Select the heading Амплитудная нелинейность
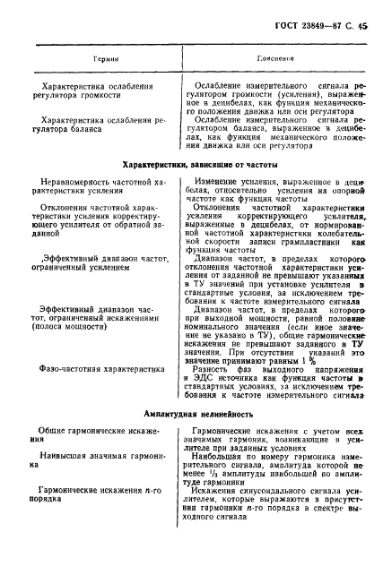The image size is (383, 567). [193, 414]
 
